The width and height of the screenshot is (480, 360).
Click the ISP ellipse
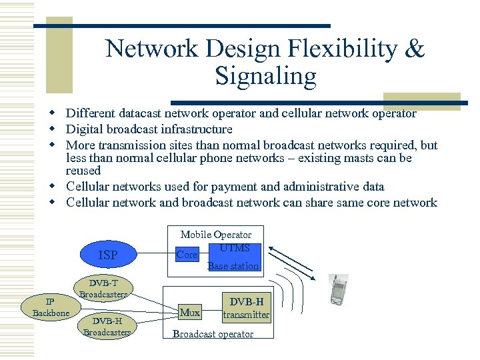tap(108, 255)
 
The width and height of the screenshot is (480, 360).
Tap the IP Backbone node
tap(51, 307)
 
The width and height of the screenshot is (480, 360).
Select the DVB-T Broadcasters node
tap(103, 289)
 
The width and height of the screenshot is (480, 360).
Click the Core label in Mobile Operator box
tap(186, 255)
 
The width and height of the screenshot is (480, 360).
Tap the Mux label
tap(190, 312)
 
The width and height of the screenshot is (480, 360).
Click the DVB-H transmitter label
tap(246, 308)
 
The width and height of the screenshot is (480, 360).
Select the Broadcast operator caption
tap(213, 334)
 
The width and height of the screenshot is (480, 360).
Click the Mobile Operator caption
tap(216, 235)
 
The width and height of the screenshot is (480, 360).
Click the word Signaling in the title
tap(265, 77)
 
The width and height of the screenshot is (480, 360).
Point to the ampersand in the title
tap(415, 49)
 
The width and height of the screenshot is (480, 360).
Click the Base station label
tap(233, 266)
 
